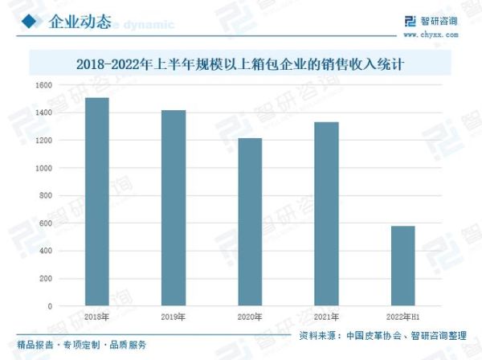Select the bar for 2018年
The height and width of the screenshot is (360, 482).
[x=96, y=202]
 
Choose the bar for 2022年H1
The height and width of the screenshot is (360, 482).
[x=402, y=266]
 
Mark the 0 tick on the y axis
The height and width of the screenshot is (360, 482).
[x=49, y=306]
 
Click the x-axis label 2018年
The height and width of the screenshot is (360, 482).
[x=96, y=317]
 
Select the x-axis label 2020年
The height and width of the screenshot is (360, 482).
[x=249, y=317]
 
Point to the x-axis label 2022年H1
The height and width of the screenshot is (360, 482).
[x=402, y=317]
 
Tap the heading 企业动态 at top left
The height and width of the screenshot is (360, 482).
[x=80, y=20]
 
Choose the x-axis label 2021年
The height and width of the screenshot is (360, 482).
[x=325, y=317]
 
